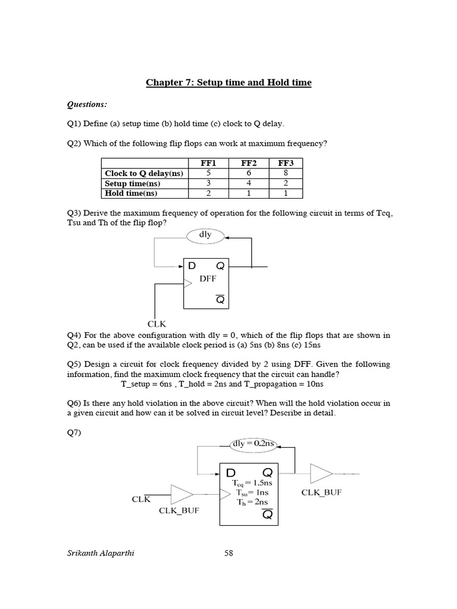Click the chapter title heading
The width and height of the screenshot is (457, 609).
click(228, 83)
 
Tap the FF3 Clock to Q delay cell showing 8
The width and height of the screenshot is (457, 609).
click(286, 173)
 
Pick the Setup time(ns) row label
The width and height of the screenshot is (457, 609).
click(133, 183)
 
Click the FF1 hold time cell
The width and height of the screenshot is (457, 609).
click(209, 193)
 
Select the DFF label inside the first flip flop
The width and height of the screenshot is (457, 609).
click(208, 278)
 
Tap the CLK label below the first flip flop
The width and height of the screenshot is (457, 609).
click(157, 324)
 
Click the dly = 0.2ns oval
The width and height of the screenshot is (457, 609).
click(254, 443)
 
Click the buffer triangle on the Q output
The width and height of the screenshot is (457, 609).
click(321, 474)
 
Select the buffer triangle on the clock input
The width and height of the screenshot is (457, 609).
click(181, 494)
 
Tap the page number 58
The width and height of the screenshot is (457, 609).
click(228, 553)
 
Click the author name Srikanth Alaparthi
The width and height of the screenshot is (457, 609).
click(101, 553)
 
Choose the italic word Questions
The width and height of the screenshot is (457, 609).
click(87, 105)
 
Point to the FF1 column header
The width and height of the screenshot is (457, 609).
click(209, 163)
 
